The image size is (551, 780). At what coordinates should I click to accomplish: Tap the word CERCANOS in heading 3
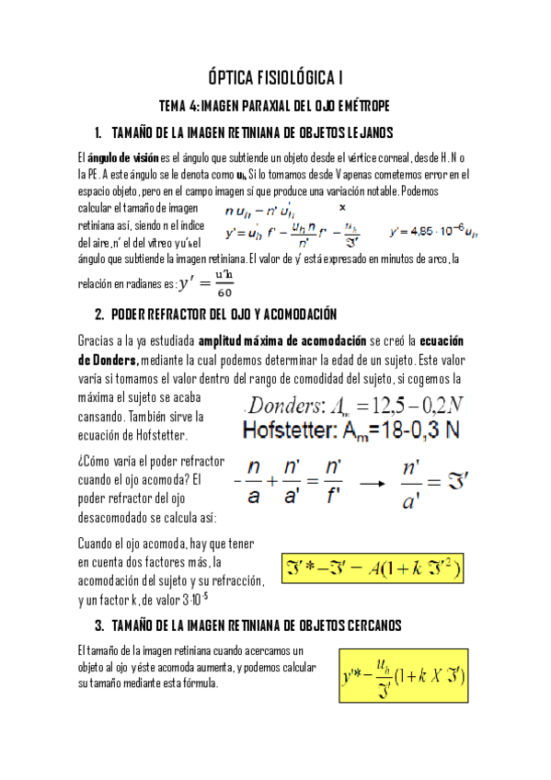[364, 625]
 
